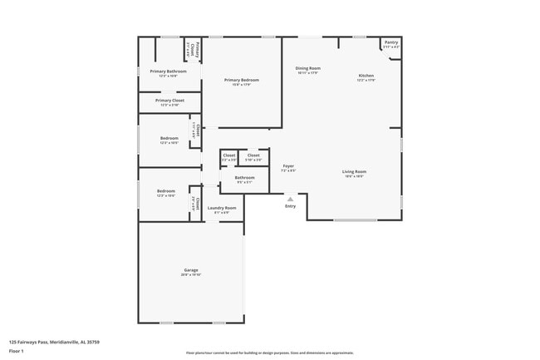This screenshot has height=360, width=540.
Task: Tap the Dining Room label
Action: [x=308, y=68]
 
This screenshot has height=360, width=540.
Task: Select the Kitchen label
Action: [x=366, y=76]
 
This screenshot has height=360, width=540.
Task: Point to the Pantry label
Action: [x=390, y=42]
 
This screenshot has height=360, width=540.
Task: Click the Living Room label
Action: [x=354, y=172]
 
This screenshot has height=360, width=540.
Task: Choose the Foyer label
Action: [x=287, y=166]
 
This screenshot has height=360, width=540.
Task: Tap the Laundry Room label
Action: [x=222, y=208]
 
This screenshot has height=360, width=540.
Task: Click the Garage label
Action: [x=191, y=270]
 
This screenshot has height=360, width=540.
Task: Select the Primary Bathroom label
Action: [x=168, y=72]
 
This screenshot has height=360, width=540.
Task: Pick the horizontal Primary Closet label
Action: [x=169, y=101]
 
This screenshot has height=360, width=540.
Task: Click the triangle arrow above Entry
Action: [x=290, y=199]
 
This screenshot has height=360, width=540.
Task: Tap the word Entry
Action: [x=290, y=206]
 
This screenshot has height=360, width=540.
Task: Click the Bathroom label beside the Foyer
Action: [x=244, y=177]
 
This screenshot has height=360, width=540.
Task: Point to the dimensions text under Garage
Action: [x=191, y=274]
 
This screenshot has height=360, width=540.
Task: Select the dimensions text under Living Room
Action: [x=354, y=176]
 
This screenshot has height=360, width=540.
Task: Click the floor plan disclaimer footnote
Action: [x=269, y=353]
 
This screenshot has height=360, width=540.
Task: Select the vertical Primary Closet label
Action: [x=192, y=49]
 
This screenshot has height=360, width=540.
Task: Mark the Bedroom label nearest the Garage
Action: [x=166, y=191]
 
